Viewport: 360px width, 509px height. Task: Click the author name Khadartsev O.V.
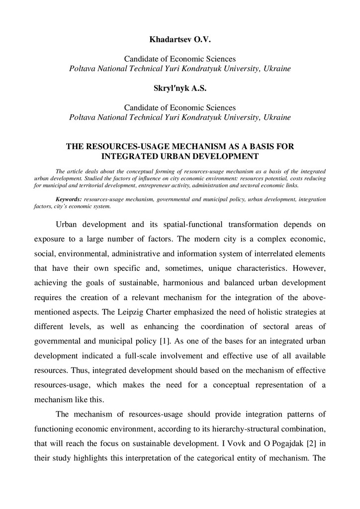pyautogui.click(x=180, y=38)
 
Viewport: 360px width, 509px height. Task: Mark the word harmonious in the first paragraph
pyautogui.click(x=187, y=283)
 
